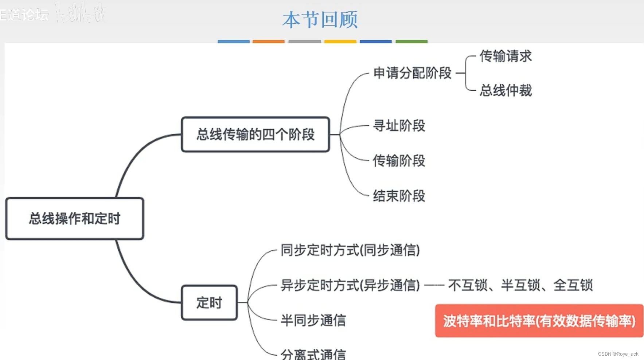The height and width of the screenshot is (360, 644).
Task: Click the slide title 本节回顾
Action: point(320,20)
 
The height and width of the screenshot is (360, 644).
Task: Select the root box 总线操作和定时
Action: point(75,219)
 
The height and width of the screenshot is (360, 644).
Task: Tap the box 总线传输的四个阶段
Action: point(255,134)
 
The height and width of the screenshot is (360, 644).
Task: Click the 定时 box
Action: point(209,303)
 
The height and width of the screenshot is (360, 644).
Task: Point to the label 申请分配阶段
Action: point(412,73)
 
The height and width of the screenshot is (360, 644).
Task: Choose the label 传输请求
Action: point(506,56)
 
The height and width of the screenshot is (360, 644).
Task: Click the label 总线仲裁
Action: point(506,90)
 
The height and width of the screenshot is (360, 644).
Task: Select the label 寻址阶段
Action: point(399,126)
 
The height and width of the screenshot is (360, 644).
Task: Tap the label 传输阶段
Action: point(399,161)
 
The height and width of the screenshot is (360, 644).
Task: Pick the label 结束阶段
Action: point(399,196)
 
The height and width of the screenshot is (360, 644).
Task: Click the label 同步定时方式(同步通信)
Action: point(350,250)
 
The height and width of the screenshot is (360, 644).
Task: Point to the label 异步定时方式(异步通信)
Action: point(350,285)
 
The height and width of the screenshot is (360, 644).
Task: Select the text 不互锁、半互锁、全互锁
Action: point(520,285)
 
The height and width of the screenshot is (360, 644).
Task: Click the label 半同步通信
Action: point(313,320)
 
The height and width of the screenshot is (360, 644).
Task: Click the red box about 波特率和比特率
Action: point(539,321)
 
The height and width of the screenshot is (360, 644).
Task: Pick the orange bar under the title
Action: point(269,42)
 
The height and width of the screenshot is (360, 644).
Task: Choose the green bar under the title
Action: point(411,42)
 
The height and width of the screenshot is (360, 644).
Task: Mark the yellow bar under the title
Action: point(340,42)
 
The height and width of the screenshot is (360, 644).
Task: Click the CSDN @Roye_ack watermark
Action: point(618,354)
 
